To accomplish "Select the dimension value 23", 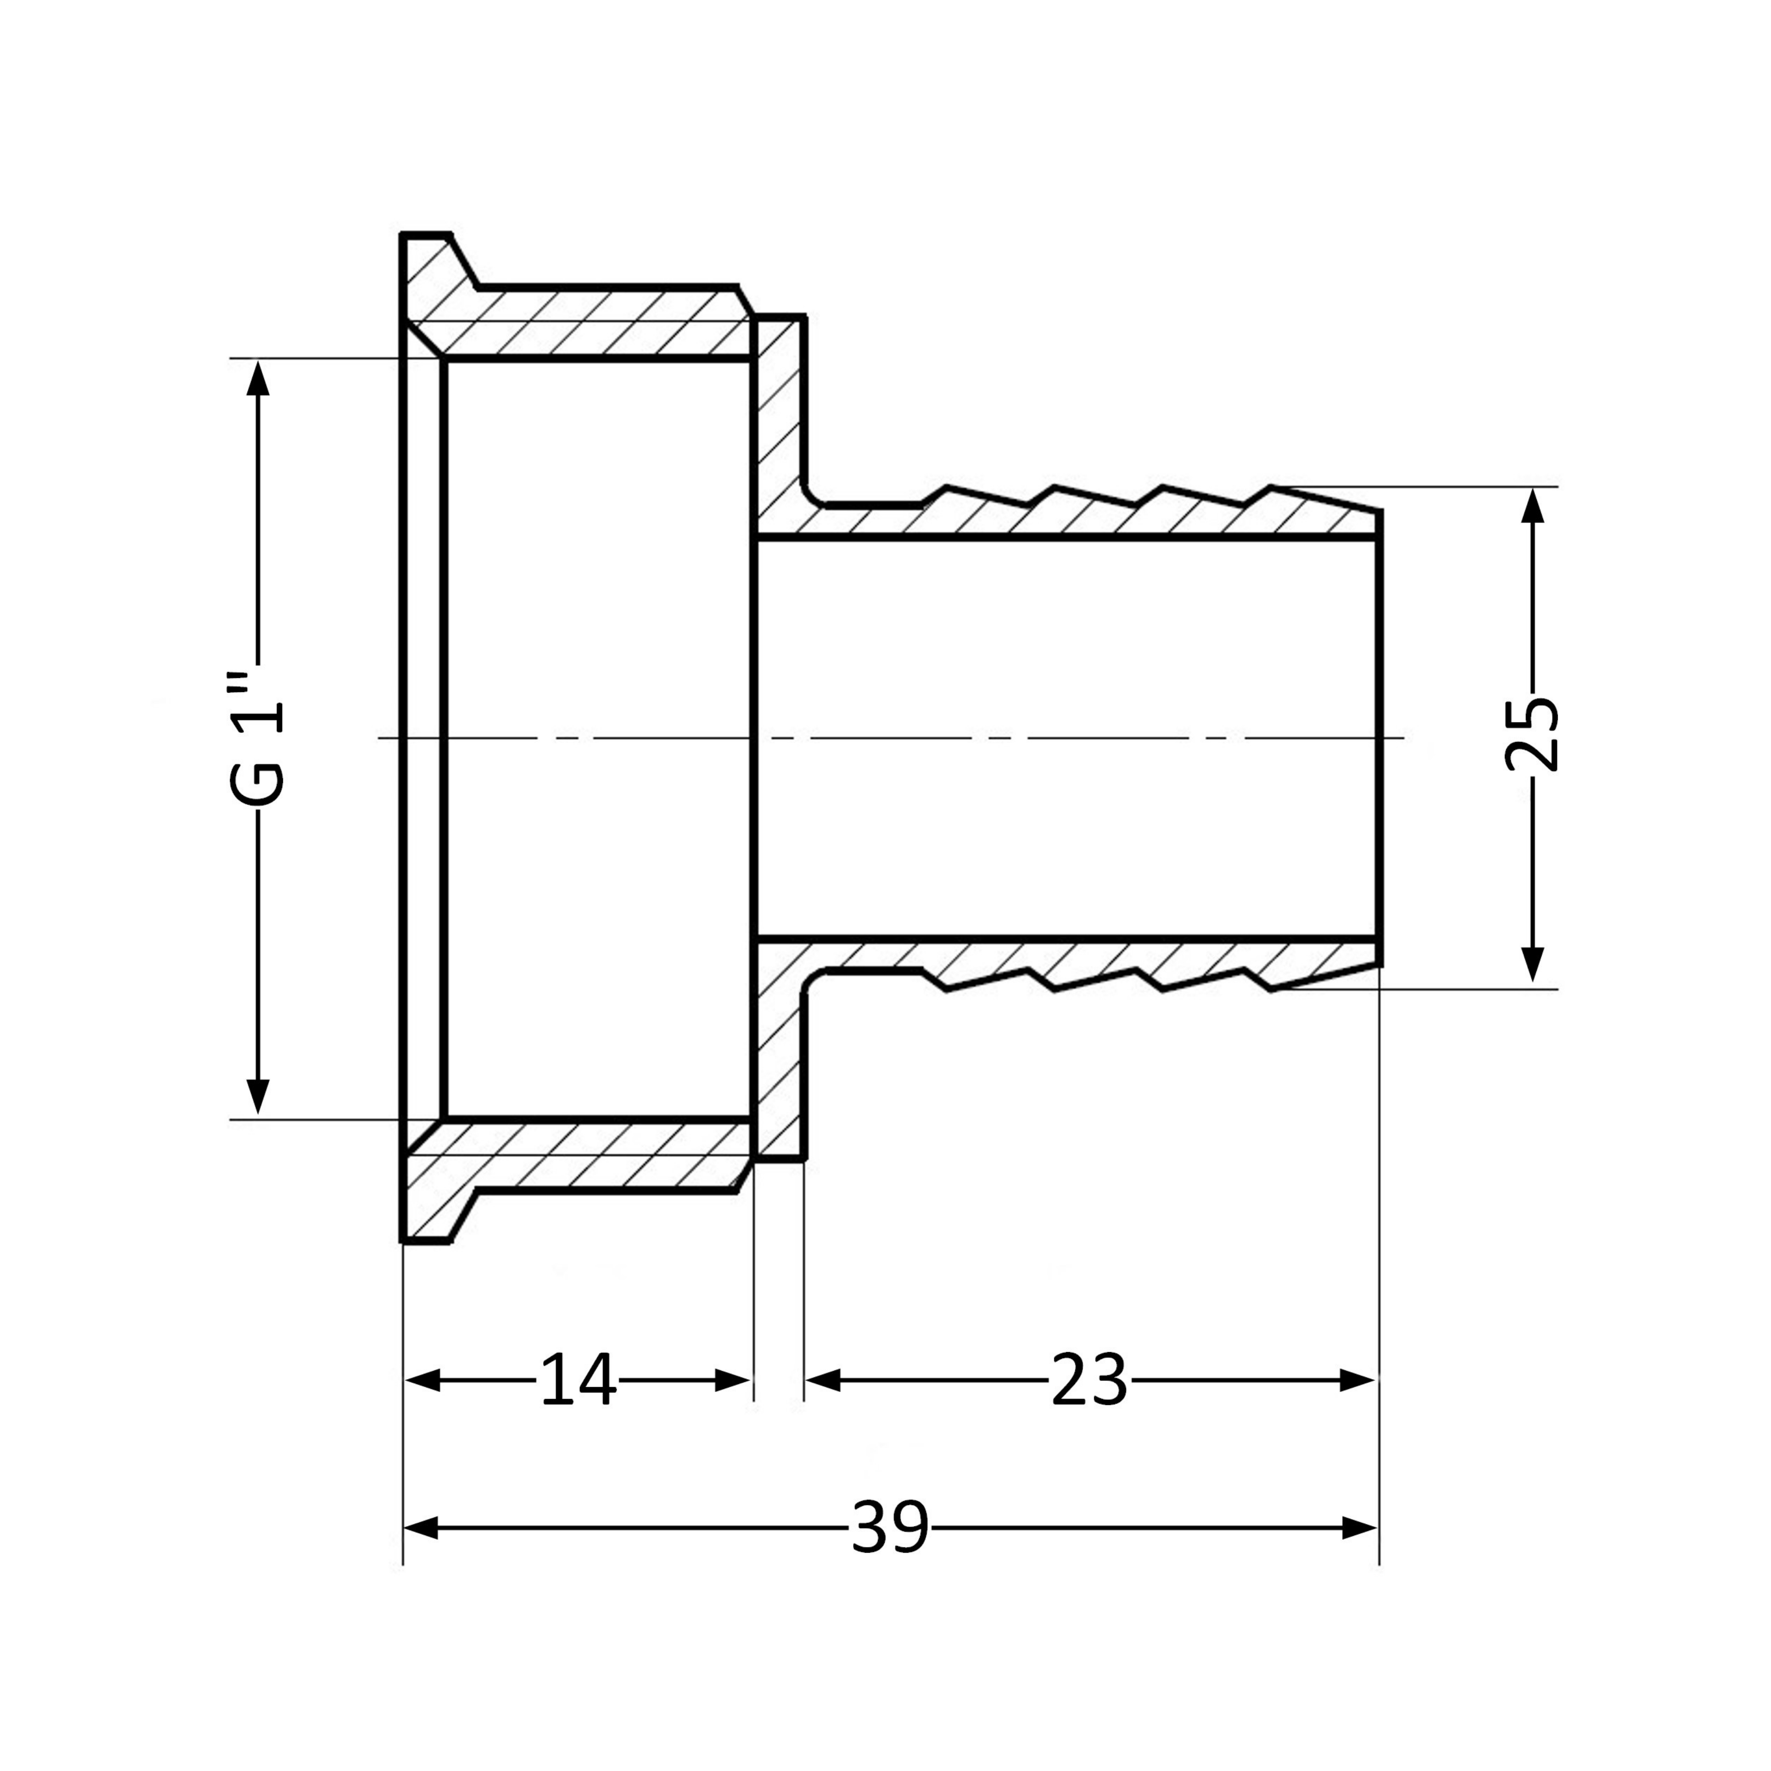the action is tap(1089, 1379).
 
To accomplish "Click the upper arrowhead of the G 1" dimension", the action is tap(259, 378).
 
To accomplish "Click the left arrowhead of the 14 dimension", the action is tap(422, 1380).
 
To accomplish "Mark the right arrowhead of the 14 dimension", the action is tap(733, 1380).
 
